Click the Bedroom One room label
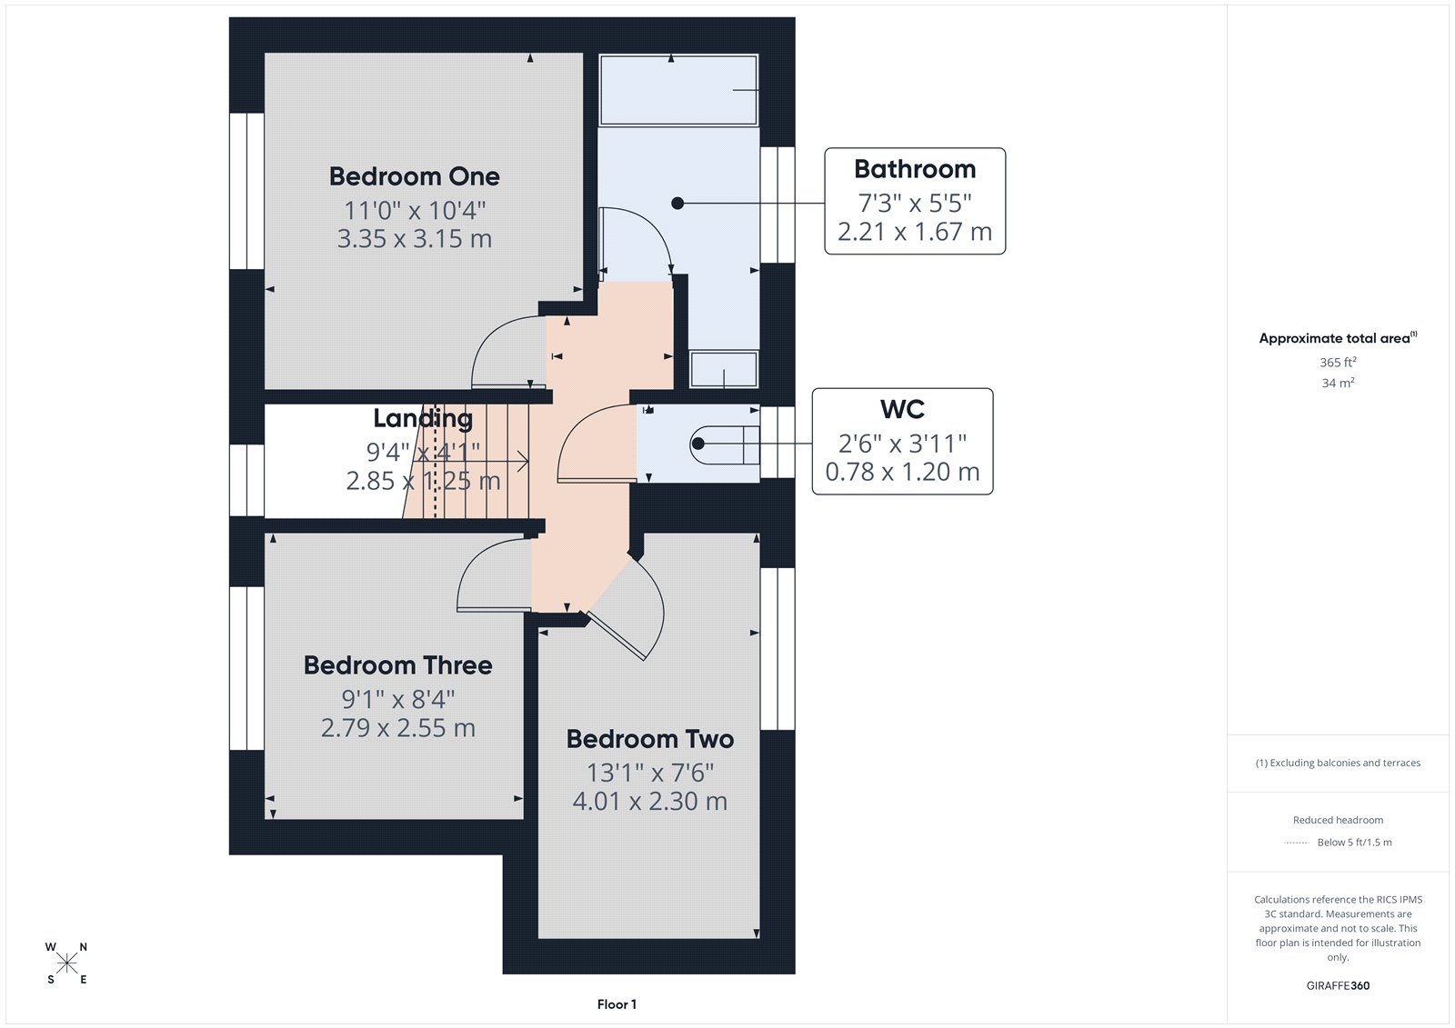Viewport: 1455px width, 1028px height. (x=414, y=176)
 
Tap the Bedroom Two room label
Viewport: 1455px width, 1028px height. (x=649, y=739)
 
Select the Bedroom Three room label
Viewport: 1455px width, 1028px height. (x=397, y=665)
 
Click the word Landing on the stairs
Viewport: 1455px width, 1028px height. (x=423, y=418)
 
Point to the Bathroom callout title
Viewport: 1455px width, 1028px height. (x=914, y=170)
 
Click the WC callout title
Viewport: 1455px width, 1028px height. (x=902, y=410)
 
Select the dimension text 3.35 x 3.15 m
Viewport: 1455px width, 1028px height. (x=414, y=239)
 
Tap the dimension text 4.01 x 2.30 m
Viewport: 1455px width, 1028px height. (x=649, y=802)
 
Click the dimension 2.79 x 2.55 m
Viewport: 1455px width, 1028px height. (x=397, y=728)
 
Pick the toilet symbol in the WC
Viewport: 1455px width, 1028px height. (x=723, y=444)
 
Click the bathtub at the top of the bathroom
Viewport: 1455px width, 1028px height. (x=678, y=90)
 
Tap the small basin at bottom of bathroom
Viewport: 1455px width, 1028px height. (x=724, y=370)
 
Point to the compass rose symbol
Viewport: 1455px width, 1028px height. (x=66, y=963)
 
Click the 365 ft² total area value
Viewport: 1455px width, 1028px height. (x=1338, y=362)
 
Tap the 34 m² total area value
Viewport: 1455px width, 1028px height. (x=1338, y=383)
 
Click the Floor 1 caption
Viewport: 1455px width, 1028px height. (x=617, y=1004)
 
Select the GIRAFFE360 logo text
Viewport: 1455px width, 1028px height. (x=1338, y=985)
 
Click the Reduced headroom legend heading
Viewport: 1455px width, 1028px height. (x=1338, y=820)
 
